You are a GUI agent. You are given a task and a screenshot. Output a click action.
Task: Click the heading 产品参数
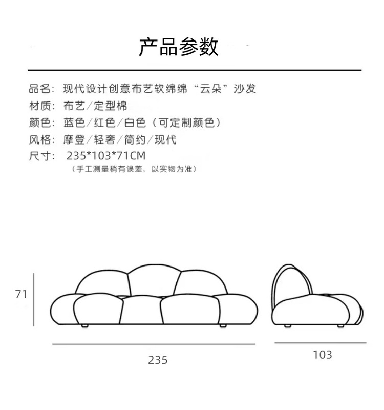[x=178, y=47]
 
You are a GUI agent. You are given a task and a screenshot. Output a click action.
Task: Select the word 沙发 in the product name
[x=245, y=89]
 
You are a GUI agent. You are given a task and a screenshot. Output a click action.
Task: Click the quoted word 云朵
[x=211, y=89]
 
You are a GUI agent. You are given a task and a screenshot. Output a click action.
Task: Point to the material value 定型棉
[x=110, y=106]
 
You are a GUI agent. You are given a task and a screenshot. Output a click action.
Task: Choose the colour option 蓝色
[x=74, y=122]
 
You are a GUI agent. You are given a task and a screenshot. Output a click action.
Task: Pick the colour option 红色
[x=104, y=122]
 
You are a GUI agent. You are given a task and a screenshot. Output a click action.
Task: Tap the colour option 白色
[x=135, y=122]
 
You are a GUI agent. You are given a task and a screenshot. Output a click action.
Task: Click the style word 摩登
[x=74, y=139]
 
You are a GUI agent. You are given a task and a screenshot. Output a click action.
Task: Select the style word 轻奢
[x=104, y=139]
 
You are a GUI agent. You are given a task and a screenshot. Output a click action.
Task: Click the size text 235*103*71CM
[x=106, y=156]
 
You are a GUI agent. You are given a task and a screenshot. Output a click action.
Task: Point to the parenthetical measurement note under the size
[x=134, y=169]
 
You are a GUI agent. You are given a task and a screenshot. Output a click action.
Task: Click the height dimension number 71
[x=21, y=294]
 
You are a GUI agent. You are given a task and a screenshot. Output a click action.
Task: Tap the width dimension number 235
[x=158, y=360]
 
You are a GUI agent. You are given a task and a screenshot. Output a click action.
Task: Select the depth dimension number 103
[x=323, y=355]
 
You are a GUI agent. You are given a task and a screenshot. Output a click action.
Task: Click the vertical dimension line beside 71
[x=34, y=300]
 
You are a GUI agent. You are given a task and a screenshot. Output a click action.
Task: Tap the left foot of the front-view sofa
[x=84, y=326]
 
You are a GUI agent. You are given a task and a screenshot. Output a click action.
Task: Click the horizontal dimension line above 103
[x=321, y=343]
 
